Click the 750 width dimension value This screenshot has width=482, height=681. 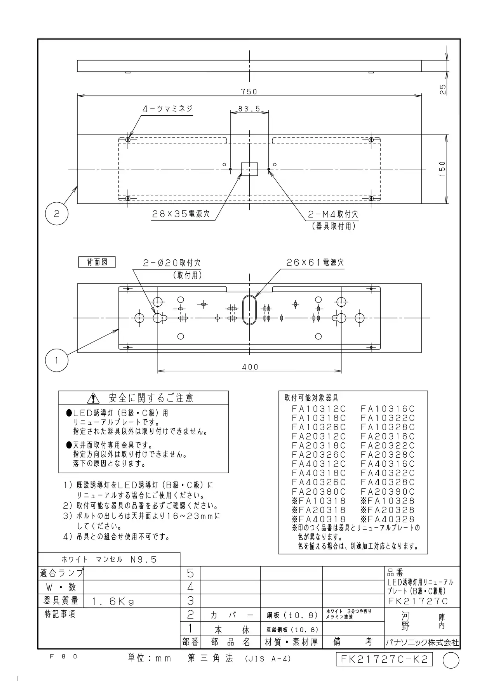tap(249, 92)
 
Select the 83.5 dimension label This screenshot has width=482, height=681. tap(249, 109)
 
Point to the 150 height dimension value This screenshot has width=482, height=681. tap(442, 169)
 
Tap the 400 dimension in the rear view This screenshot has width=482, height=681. tap(250, 367)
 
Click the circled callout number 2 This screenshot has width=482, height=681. tap(57, 214)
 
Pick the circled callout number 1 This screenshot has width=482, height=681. tap(57, 360)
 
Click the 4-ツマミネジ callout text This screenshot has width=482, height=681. tap(167, 109)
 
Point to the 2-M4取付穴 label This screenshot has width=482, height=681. tap(333, 214)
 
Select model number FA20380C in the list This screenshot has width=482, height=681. tap(318, 492)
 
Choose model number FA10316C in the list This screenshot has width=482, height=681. tap(388, 409)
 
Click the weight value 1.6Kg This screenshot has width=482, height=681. tap(113, 602)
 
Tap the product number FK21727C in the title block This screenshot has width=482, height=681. tap(418, 601)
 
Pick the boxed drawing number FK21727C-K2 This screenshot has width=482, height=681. tap(384, 659)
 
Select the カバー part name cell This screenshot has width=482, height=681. tap(232, 615)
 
